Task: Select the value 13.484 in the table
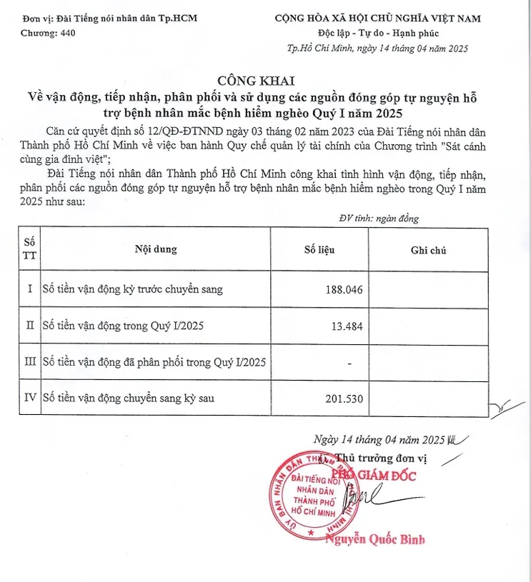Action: tap(348, 326)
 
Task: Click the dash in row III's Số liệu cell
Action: tap(349, 363)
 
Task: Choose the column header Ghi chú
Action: tap(428, 250)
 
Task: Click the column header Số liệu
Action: tap(319, 250)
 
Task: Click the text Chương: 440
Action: tap(48, 33)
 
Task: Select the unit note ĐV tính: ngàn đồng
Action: tap(379, 219)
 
